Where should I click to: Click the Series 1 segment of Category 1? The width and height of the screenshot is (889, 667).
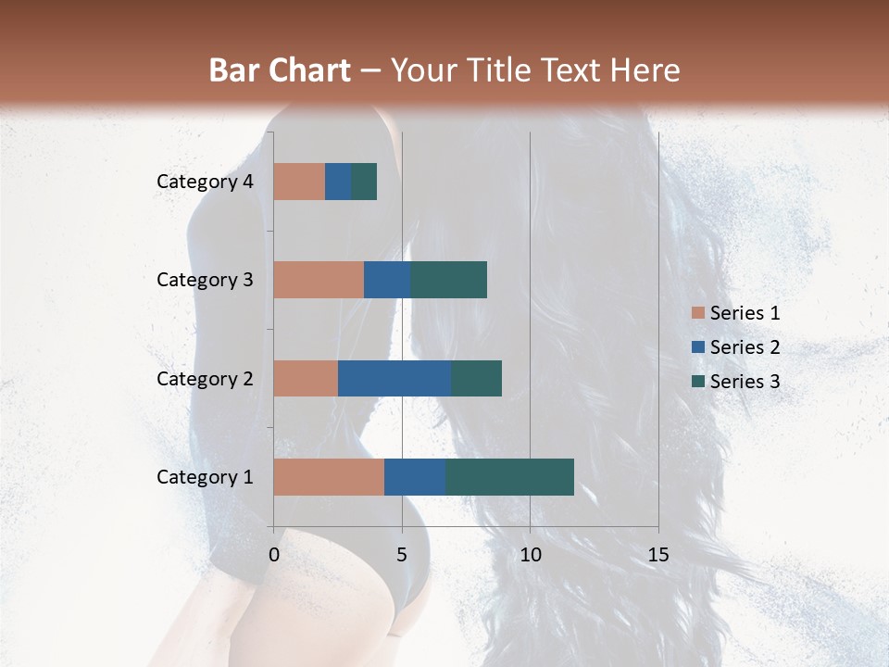coord(329,477)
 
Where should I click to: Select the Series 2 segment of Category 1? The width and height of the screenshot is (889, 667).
coord(415,477)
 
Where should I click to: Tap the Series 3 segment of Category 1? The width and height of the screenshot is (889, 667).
coord(509,477)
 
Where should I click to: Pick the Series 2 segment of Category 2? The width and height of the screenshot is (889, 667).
coord(394,378)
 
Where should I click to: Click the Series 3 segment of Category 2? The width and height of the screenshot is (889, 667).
coord(476,378)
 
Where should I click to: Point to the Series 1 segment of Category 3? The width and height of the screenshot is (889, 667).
coord(319,280)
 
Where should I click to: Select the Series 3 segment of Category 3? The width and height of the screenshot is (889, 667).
coord(448,280)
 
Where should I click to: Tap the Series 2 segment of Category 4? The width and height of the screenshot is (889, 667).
coord(338,182)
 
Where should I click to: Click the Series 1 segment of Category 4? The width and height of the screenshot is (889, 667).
coord(299,182)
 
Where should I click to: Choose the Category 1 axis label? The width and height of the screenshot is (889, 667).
coord(205,477)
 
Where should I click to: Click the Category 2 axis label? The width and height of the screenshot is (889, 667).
coord(205,379)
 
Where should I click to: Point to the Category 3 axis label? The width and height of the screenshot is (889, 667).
coord(205,280)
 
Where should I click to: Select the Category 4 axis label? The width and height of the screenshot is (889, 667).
coord(205,182)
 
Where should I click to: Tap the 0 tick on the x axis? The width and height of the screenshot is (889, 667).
coord(273,555)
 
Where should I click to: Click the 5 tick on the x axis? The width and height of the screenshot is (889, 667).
coord(402,555)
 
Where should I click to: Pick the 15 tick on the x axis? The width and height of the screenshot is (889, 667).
coord(657,555)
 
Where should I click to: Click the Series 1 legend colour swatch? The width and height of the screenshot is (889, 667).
coord(697,313)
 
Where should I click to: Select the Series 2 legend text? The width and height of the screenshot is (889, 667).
coord(745,347)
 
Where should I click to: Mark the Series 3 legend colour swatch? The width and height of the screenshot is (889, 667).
coord(697,382)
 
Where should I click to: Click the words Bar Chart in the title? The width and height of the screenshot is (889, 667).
coord(279,70)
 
